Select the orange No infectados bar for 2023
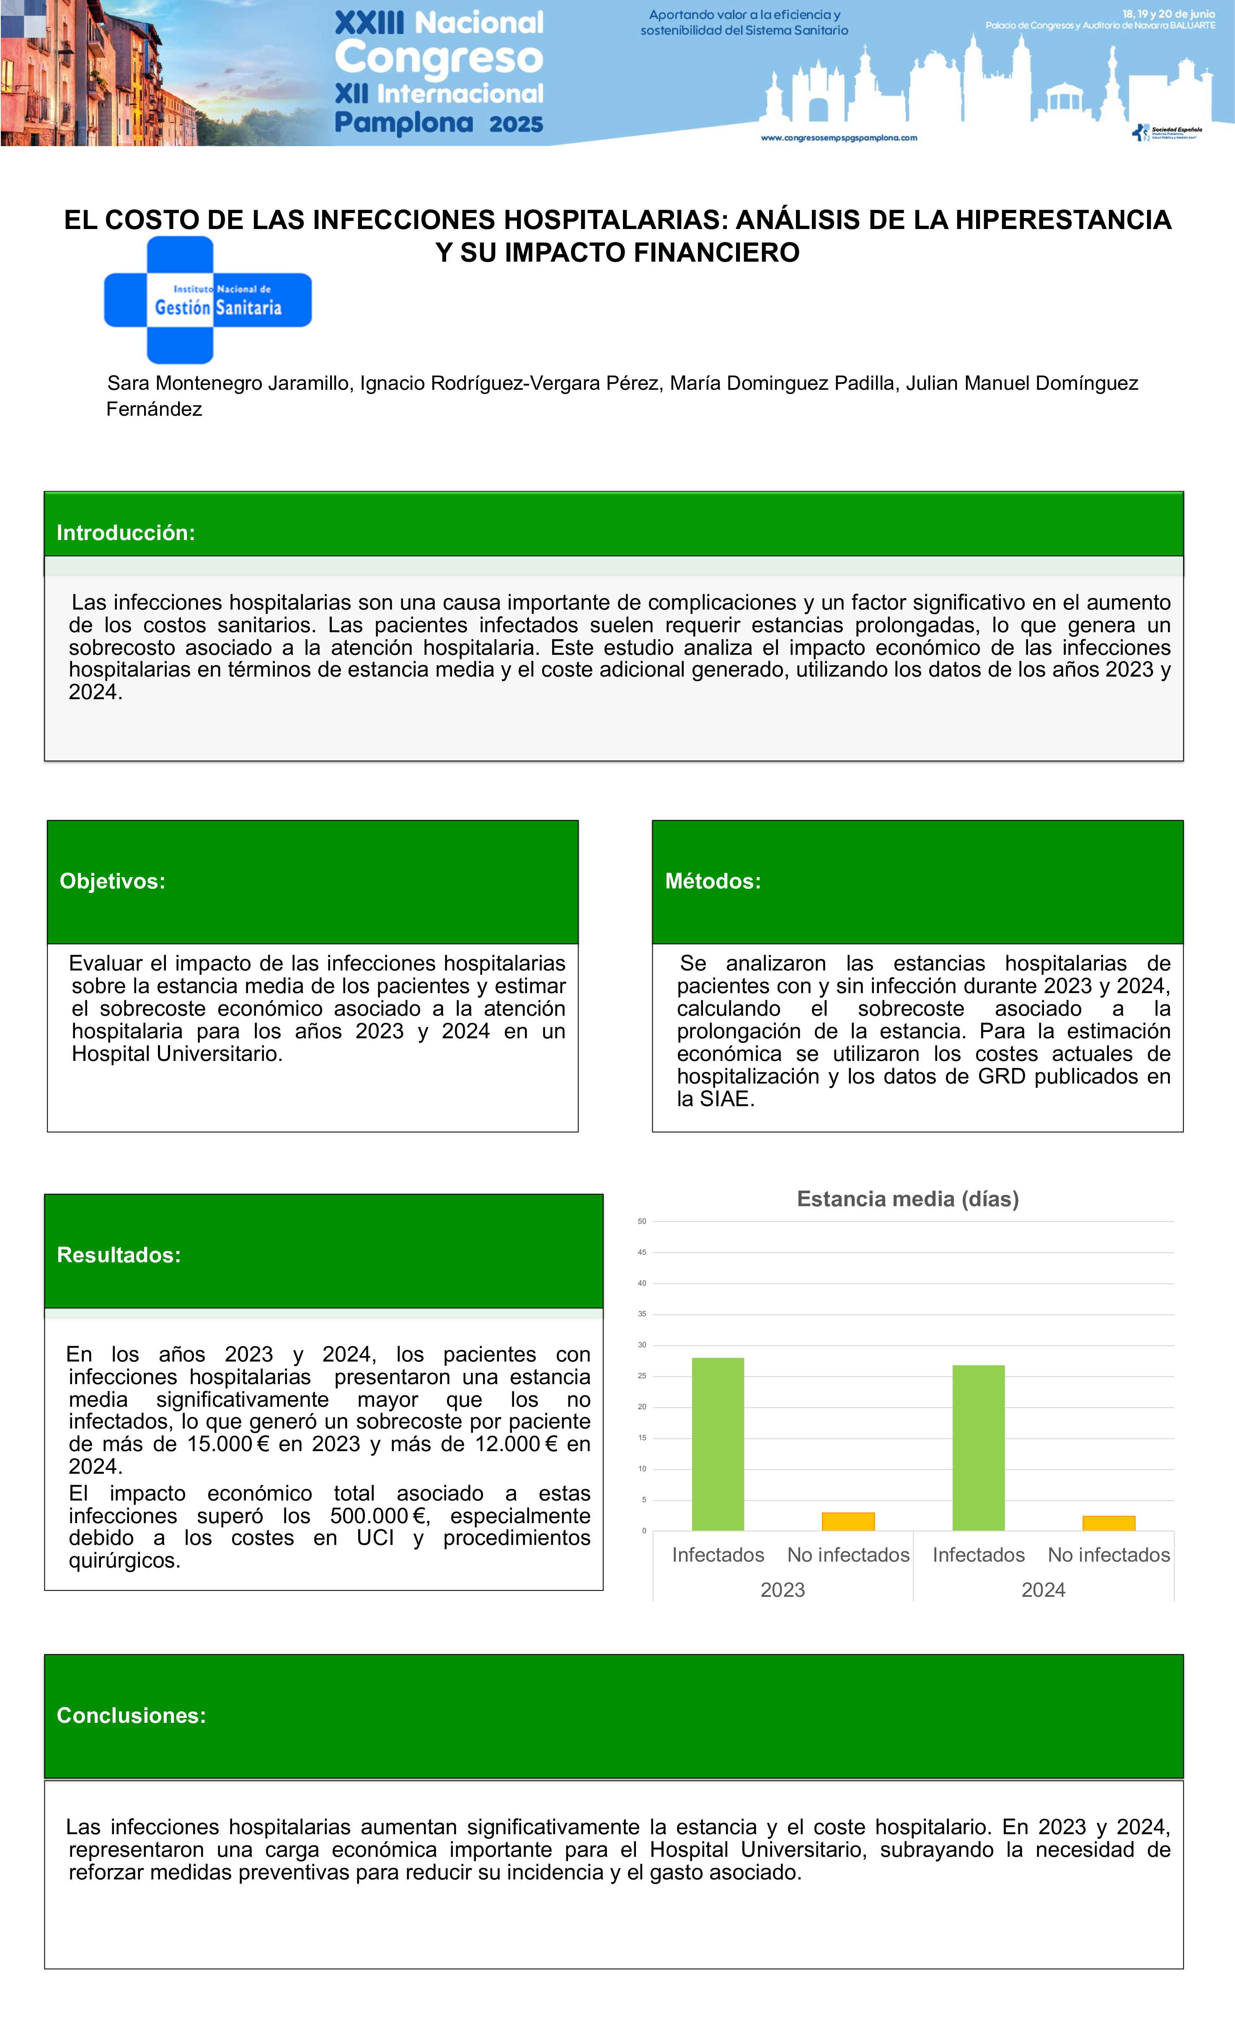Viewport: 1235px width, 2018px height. coord(848,1522)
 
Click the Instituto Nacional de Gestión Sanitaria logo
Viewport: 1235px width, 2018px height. coord(208,300)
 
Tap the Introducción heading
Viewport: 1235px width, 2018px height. coord(125,533)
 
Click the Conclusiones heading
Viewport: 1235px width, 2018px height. coord(131,1716)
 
